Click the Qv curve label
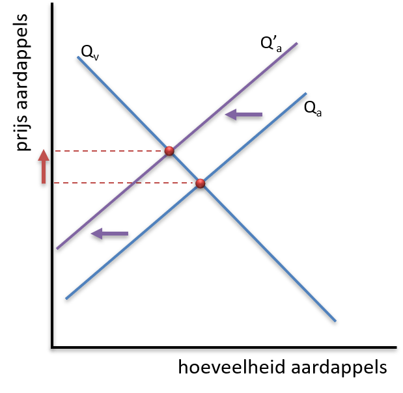pos(90,53)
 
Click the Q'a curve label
pos(271,44)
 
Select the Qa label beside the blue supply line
pos(313,109)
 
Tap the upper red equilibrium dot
pos(169,151)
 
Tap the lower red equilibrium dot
pos(201,183)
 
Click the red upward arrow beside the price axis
pos(44,167)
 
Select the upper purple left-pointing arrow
pos(243,115)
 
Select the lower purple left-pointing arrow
pos(110,234)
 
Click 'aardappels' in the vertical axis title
pos(21,62)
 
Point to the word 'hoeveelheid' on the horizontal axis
pos(232,367)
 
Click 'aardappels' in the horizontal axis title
pos(339,368)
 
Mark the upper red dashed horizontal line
pos(110,151)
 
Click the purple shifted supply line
pos(177,146)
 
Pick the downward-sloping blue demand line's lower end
pos(336,321)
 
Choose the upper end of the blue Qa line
pos(307,93)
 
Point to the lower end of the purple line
pos(57,249)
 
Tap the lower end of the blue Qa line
pos(66,299)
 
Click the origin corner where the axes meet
pos(53,347)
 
